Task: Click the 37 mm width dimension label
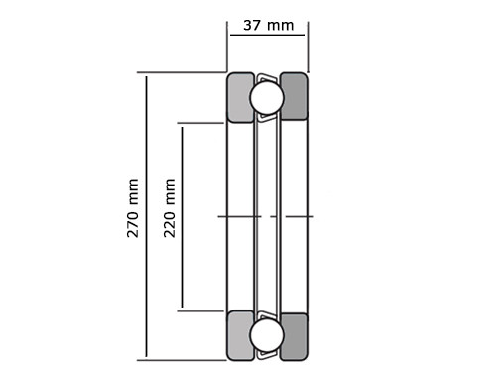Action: click(x=269, y=26)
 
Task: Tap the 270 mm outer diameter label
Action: click(x=133, y=208)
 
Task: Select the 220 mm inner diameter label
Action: click(x=169, y=208)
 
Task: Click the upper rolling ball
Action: click(x=267, y=97)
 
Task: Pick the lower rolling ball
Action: click(x=267, y=335)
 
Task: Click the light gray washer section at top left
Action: click(x=241, y=98)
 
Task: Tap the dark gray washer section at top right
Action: click(x=294, y=96)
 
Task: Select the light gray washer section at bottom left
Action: click(x=241, y=335)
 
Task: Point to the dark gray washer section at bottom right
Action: click(x=294, y=336)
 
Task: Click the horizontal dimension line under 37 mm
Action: click(x=267, y=35)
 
